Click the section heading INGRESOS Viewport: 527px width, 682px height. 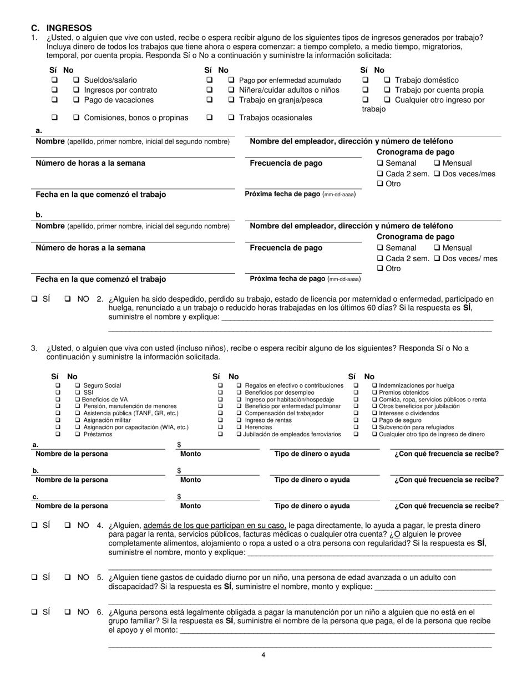(69, 28)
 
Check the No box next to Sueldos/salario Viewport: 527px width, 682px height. (77, 80)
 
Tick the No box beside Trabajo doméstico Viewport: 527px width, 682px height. (387, 80)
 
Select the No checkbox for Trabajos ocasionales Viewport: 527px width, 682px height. (231, 118)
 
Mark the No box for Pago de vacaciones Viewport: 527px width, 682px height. (77, 100)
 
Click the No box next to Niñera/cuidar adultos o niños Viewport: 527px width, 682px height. (231, 90)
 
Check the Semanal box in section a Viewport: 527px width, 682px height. (380, 164)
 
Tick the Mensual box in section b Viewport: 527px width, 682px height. (437, 248)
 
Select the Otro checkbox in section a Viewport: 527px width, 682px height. (380, 184)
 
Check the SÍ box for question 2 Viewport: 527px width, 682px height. (34, 299)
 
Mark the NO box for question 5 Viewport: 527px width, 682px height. (68, 577)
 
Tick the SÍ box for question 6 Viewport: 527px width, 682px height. (34, 612)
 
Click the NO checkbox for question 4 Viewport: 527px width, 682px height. (68, 525)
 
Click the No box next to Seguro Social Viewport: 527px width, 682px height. (78, 385)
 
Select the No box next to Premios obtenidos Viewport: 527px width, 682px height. (375, 393)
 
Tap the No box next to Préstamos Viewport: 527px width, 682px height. (78, 434)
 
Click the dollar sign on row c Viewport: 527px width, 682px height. (179, 496)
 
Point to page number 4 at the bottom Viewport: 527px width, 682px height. (263, 655)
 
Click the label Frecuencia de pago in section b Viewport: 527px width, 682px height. (286, 248)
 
